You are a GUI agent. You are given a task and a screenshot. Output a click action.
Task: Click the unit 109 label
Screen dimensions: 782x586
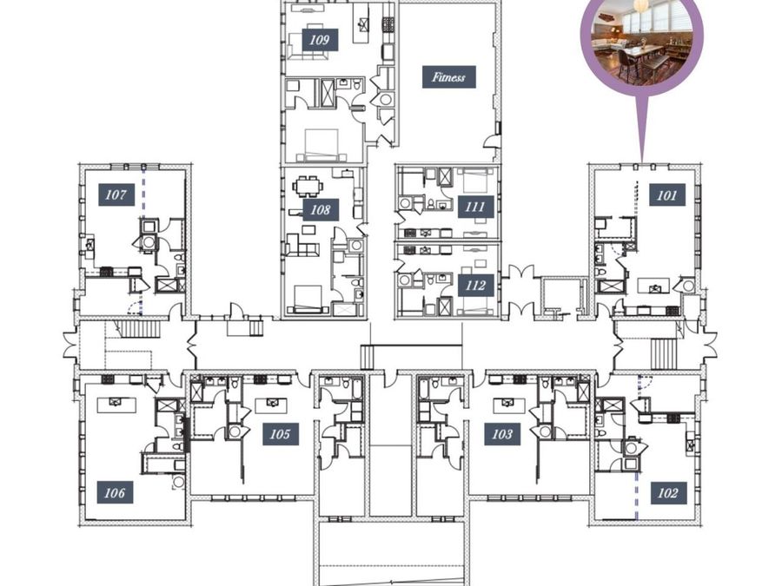(320, 40)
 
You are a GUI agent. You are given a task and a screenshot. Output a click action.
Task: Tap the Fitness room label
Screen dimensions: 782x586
(449, 77)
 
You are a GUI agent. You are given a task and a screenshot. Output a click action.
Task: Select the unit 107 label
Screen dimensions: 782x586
(116, 194)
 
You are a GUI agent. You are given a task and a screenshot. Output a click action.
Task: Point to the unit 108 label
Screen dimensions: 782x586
(321, 210)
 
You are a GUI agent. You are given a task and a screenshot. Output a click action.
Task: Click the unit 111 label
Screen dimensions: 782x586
(476, 207)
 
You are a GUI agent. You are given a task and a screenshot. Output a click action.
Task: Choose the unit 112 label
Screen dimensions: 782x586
(476, 286)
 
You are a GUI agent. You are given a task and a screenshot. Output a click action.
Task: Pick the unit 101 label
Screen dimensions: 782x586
(667, 194)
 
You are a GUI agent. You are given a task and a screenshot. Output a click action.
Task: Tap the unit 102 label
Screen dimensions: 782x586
(668, 493)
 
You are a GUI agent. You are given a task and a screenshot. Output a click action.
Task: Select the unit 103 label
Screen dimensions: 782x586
(502, 434)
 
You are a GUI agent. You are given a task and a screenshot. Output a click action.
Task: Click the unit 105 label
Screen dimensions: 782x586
(281, 434)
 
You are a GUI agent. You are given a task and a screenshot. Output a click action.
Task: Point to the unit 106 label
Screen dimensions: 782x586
(116, 493)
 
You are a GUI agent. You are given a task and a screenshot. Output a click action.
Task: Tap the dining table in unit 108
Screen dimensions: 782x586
(308, 187)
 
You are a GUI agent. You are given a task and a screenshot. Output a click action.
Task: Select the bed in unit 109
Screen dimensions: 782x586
(321, 144)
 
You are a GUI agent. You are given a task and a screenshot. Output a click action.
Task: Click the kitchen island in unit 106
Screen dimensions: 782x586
(116, 404)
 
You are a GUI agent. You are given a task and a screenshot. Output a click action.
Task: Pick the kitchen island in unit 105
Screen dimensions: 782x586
(271, 405)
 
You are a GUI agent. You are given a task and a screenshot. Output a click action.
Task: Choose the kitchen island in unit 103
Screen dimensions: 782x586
(509, 405)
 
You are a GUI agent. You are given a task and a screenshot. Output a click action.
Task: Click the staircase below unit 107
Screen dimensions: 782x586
(140, 330)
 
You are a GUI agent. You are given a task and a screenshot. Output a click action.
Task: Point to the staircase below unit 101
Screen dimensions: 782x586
(665, 354)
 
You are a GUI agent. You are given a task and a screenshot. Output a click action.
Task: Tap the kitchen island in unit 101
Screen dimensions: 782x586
(655, 286)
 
